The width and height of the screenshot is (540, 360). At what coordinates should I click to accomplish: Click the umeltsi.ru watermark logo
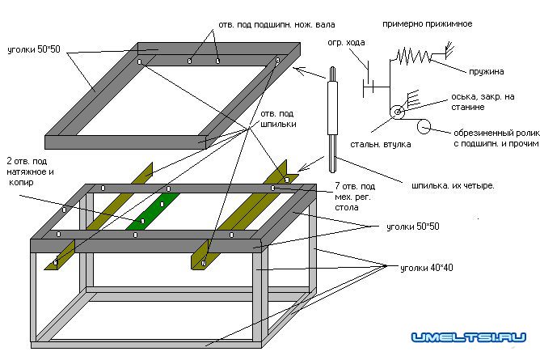point(469,337)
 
